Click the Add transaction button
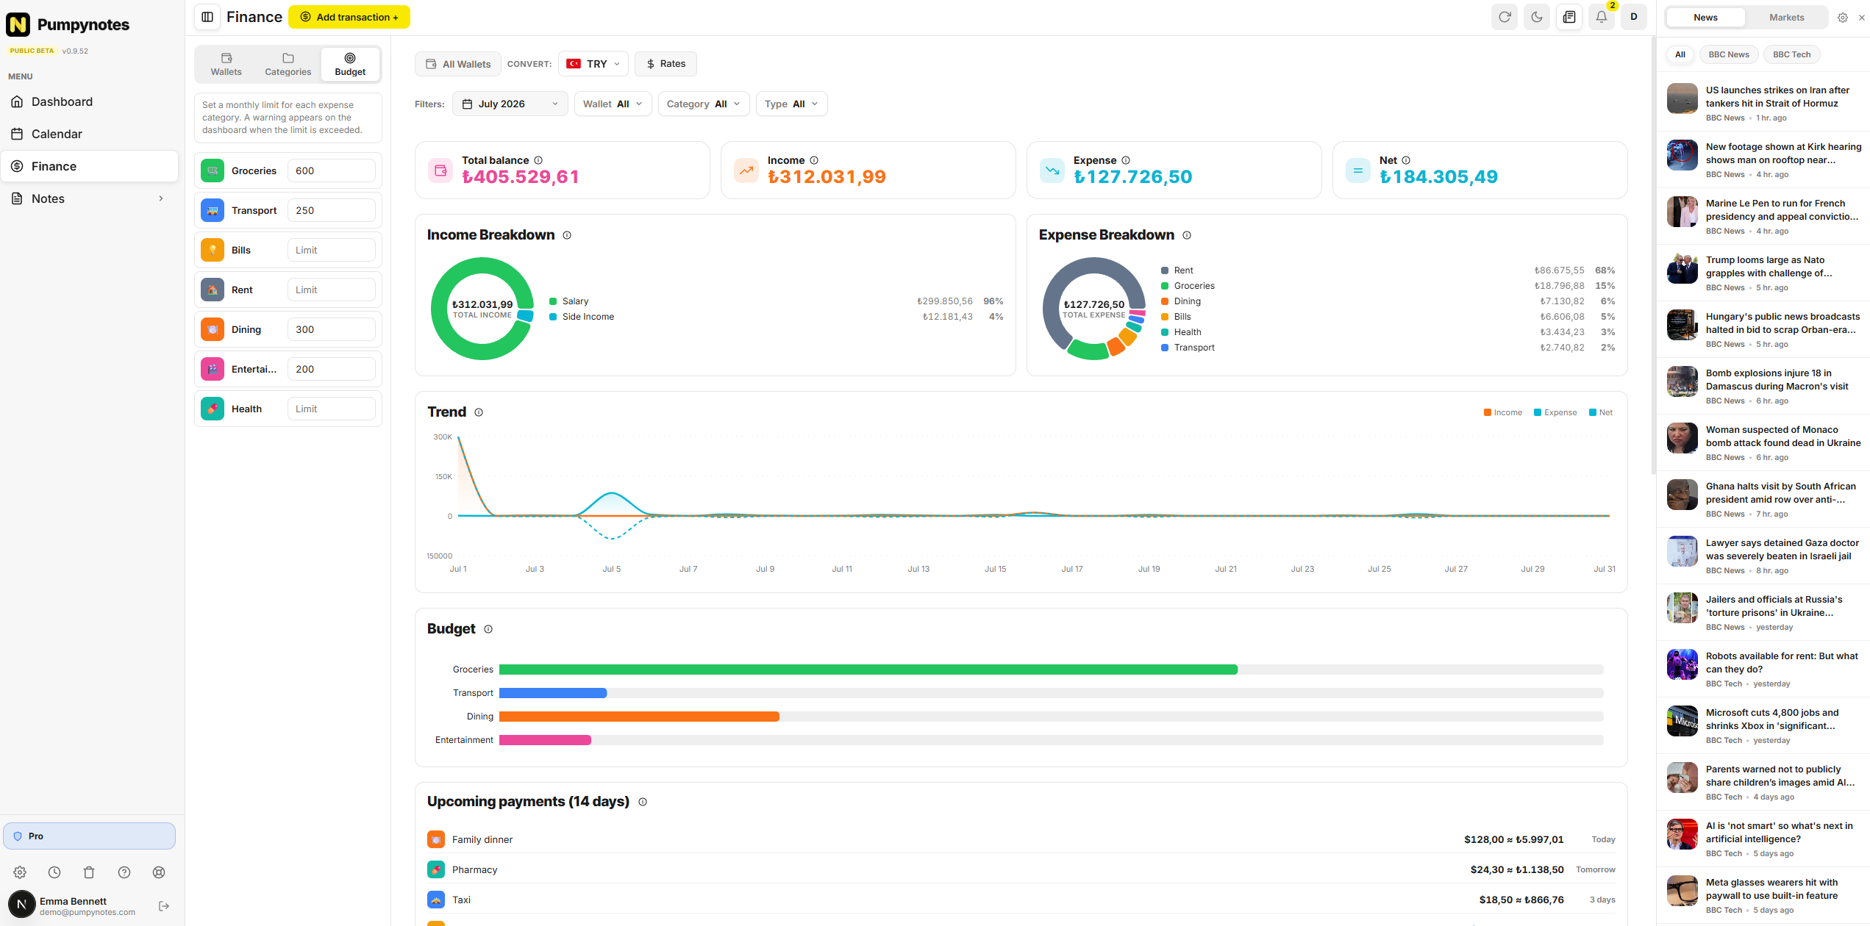click(349, 17)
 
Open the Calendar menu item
click(57, 134)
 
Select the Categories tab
click(288, 64)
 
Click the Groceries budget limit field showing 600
click(331, 171)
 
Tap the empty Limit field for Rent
click(331, 290)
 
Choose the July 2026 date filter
click(510, 104)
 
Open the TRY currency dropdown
click(593, 64)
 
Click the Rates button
click(665, 64)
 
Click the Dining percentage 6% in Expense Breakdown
click(1608, 301)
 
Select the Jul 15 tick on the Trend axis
click(995, 569)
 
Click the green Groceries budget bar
click(868, 670)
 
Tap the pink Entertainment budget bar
click(545, 740)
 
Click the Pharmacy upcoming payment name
click(474, 869)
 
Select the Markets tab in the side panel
click(1786, 18)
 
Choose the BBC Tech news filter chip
click(1791, 54)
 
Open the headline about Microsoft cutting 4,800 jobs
click(1771, 719)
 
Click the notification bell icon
click(1601, 17)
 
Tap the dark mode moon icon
click(1537, 17)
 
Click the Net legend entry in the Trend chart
click(1601, 412)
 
